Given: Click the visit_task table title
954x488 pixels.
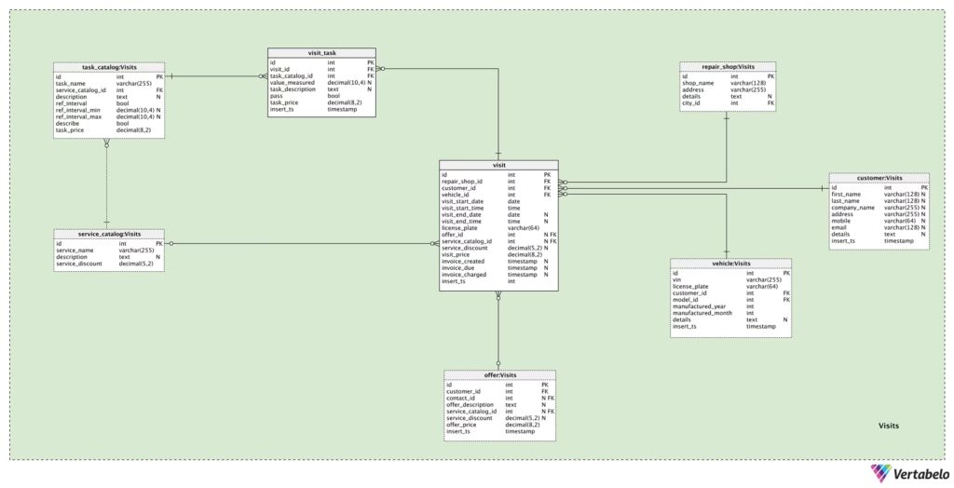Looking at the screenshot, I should point(321,53).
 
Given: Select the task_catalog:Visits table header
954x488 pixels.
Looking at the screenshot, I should point(109,67).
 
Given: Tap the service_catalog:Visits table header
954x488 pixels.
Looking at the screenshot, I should point(109,234).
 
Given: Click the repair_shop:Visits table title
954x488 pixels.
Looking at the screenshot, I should point(728,67).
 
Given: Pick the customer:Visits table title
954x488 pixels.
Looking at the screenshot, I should point(879,178).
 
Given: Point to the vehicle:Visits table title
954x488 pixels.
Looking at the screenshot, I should point(730,264).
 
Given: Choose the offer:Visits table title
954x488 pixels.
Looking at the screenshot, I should point(499,375).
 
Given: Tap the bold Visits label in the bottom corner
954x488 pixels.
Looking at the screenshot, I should point(889,426).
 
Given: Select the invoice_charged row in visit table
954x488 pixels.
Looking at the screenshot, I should point(464,275).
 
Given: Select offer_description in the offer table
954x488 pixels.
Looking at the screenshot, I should point(470,405).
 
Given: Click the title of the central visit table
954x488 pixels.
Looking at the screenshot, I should point(498,165).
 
